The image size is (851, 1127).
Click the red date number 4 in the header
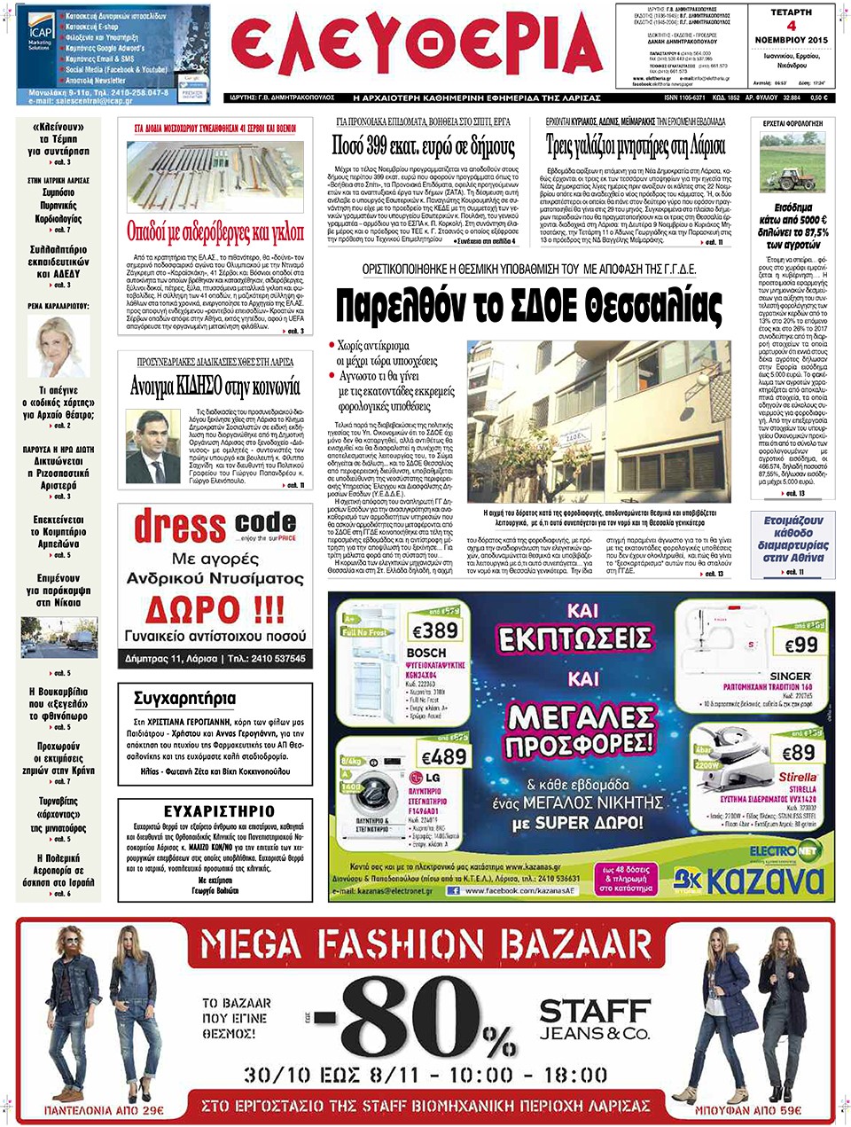(791, 26)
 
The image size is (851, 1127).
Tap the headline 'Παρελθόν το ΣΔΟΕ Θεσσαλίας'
(528, 307)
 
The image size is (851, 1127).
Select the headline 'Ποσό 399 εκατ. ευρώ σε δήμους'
(423, 145)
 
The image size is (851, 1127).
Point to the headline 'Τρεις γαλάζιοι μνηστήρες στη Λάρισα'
(636, 145)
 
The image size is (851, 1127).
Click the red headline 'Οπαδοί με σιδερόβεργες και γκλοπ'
(215, 232)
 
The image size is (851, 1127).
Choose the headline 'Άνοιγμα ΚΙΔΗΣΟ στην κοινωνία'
(212, 386)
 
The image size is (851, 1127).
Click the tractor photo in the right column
(792, 163)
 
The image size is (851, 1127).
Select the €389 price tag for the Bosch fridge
(434, 630)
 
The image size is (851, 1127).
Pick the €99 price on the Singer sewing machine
(800, 645)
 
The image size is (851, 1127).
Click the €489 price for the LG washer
(443, 756)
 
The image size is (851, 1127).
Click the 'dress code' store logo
(215, 527)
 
